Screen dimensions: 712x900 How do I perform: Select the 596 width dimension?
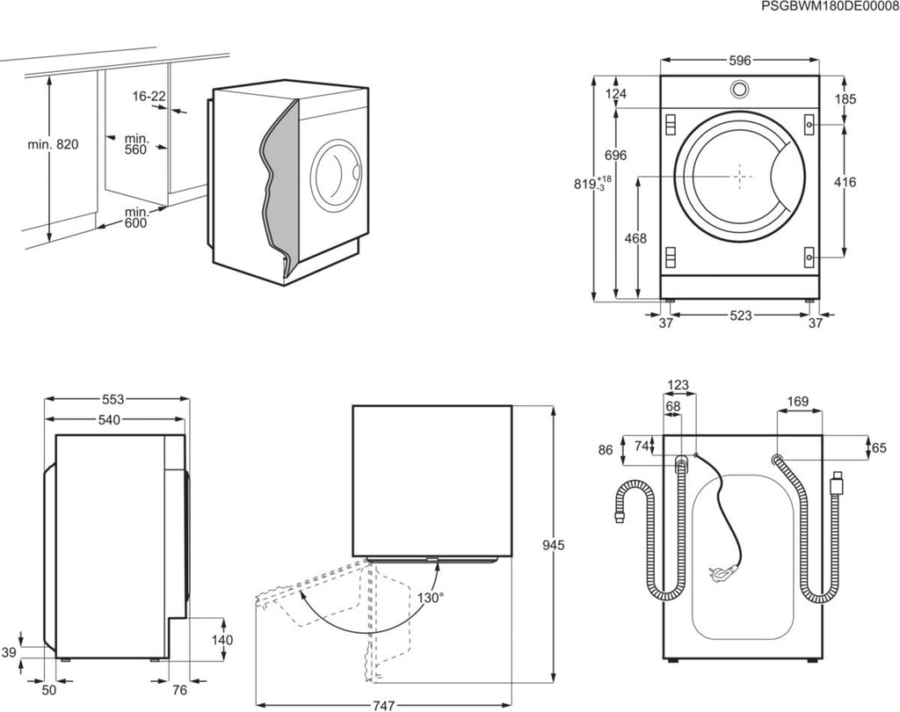(739, 61)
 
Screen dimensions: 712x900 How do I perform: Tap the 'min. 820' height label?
(55, 144)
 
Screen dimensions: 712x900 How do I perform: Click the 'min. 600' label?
(136, 217)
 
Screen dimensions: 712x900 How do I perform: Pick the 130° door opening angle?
(431, 597)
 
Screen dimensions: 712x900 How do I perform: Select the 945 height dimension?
(553, 545)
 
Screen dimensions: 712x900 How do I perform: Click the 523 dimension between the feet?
(739, 316)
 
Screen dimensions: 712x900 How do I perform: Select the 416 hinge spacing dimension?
(845, 182)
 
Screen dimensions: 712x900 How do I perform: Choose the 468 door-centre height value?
(635, 238)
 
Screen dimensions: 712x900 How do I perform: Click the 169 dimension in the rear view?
(798, 403)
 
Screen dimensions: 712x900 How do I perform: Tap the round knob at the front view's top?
(740, 89)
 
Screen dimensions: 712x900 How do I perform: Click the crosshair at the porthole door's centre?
(740, 175)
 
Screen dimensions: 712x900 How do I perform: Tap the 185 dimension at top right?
(845, 99)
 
